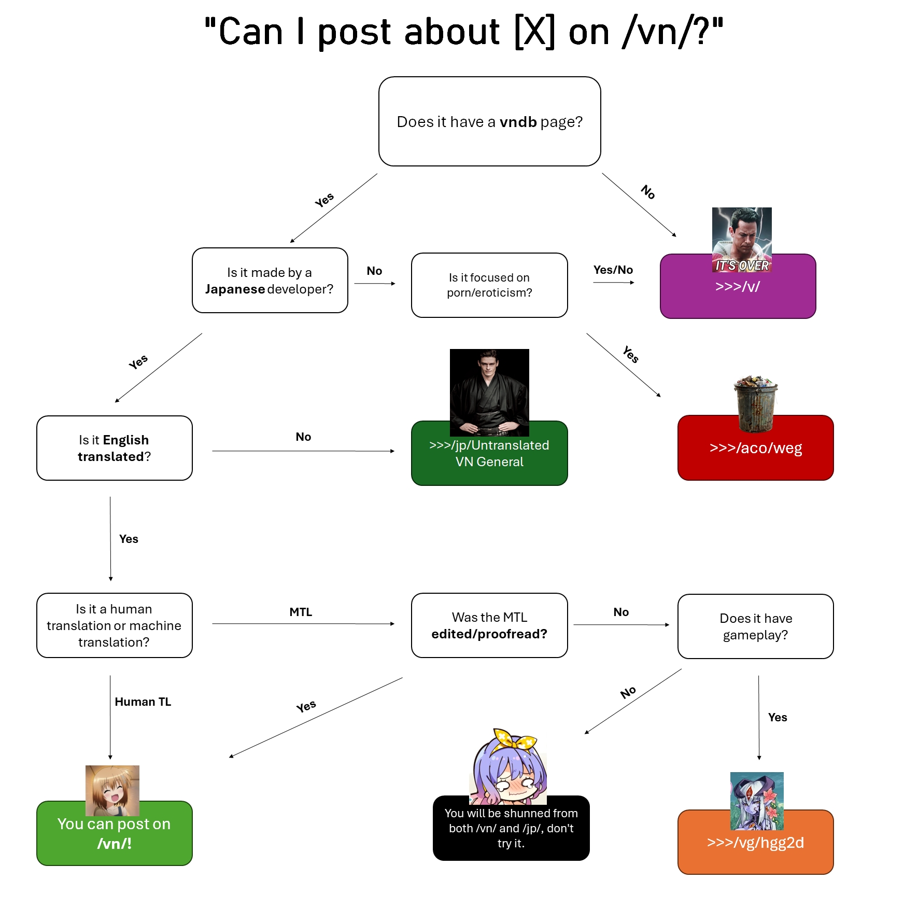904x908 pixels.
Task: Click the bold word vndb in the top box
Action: [x=518, y=122]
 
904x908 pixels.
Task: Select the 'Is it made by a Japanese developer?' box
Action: [x=270, y=281]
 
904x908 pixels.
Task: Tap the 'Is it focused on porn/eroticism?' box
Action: [x=489, y=285]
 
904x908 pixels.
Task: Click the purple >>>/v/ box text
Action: [x=737, y=286]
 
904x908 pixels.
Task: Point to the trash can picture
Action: [x=756, y=404]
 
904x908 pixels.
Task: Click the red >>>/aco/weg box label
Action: [x=755, y=448]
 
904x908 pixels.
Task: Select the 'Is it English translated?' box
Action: [x=114, y=448]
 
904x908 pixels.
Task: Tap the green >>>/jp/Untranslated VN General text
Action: [x=489, y=453]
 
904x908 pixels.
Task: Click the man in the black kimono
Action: [x=489, y=393]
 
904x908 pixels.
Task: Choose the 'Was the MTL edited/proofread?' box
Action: [x=489, y=625]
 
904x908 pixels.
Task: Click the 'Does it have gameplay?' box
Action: [x=755, y=626]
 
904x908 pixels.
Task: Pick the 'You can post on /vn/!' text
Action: [x=114, y=833]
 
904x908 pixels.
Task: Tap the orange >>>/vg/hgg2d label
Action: [x=755, y=843]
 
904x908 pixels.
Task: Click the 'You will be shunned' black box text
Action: [x=511, y=828]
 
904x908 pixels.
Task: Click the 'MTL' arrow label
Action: [x=301, y=612]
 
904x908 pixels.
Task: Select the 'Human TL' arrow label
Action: [x=143, y=702]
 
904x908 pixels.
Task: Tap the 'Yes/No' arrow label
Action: [x=613, y=270]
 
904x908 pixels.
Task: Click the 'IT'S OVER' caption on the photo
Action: [x=742, y=266]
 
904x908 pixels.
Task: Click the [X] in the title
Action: [x=534, y=32]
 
